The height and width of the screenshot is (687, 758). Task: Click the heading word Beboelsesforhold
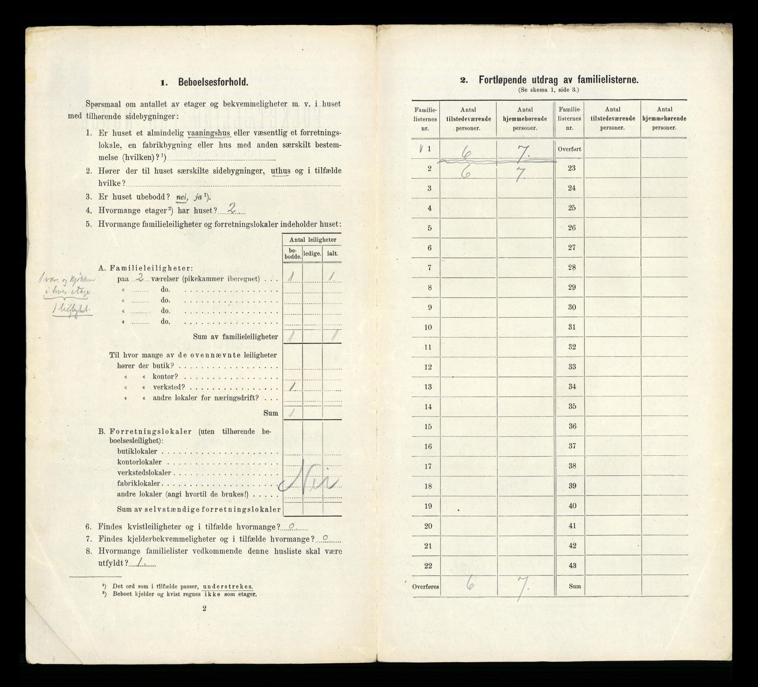(213, 82)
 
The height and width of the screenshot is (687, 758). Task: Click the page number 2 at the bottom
(204, 608)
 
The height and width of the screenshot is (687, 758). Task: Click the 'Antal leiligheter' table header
(312, 240)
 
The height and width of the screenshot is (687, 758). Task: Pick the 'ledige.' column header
(312, 254)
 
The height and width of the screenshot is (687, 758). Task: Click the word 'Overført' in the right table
(569, 149)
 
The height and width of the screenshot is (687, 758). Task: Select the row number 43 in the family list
(572, 565)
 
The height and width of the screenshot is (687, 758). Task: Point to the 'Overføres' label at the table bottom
(426, 586)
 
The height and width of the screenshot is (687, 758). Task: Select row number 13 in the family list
(428, 386)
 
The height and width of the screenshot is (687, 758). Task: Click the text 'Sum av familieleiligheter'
(235, 337)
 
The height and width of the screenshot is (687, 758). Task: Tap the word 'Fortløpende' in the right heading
(505, 80)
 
